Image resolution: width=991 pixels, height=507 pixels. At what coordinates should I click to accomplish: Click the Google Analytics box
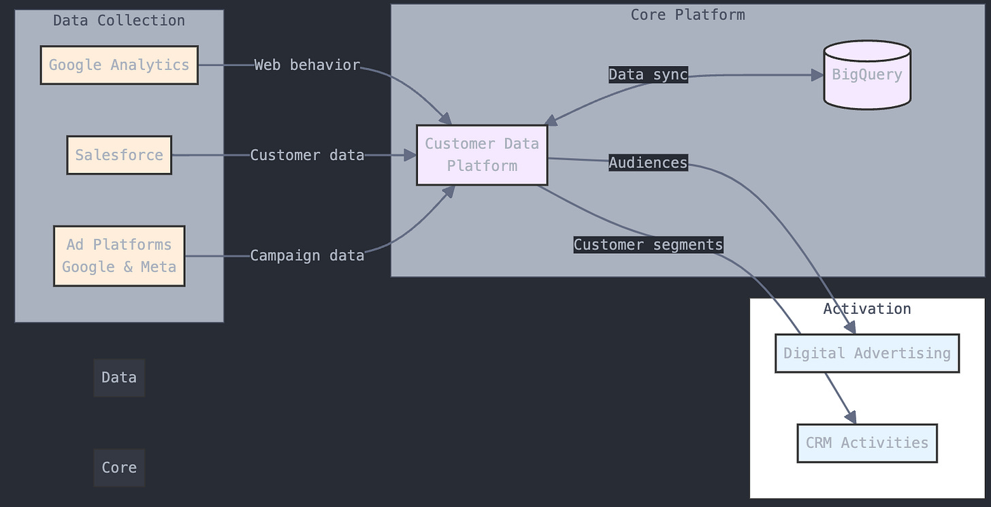click(x=119, y=65)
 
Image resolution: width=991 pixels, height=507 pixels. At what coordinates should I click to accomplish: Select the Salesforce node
click(x=119, y=155)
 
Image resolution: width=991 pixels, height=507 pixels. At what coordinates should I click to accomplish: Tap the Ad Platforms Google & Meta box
click(x=119, y=256)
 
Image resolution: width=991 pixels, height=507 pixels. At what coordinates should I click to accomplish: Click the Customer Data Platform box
click(x=482, y=155)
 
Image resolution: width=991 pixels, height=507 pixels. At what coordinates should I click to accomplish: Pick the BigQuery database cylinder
click(x=867, y=75)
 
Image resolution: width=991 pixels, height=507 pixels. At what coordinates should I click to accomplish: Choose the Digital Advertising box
click(x=867, y=353)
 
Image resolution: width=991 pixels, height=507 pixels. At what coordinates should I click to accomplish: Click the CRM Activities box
click(x=867, y=443)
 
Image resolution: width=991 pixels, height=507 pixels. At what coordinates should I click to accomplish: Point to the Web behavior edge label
click(x=307, y=65)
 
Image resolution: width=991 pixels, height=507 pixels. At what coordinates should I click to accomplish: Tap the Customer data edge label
click(x=307, y=155)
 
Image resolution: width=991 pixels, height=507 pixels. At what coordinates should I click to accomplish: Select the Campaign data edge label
click(x=307, y=256)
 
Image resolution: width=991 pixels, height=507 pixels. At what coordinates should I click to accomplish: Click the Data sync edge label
click(x=648, y=75)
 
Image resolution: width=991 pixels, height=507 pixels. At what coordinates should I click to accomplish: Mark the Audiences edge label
click(x=648, y=163)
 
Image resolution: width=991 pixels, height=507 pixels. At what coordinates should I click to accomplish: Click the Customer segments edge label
click(x=648, y=245)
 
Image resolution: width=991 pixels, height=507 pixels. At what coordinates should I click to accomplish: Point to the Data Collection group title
click(x=119, y=20)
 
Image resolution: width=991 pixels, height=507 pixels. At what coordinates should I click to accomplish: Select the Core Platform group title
click(x=687, y=15)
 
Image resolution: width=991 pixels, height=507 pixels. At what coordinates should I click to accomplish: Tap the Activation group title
click(x=867, y=309)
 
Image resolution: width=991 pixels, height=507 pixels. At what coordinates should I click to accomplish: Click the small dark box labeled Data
click(x=119, y=378)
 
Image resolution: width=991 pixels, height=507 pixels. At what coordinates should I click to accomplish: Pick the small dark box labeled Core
click(x=119, y=468)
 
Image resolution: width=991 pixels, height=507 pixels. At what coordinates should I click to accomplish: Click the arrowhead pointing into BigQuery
click(x=818, y=75)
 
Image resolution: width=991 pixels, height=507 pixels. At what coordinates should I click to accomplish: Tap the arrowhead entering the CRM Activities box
click(x=851, y=419)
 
